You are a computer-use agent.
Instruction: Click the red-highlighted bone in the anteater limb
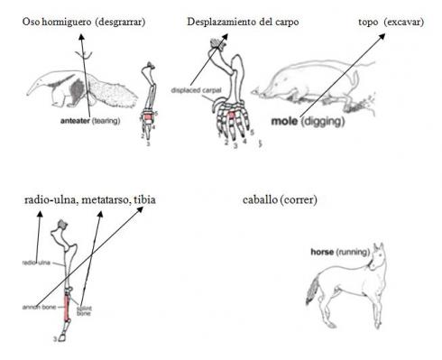click(150, 116)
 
